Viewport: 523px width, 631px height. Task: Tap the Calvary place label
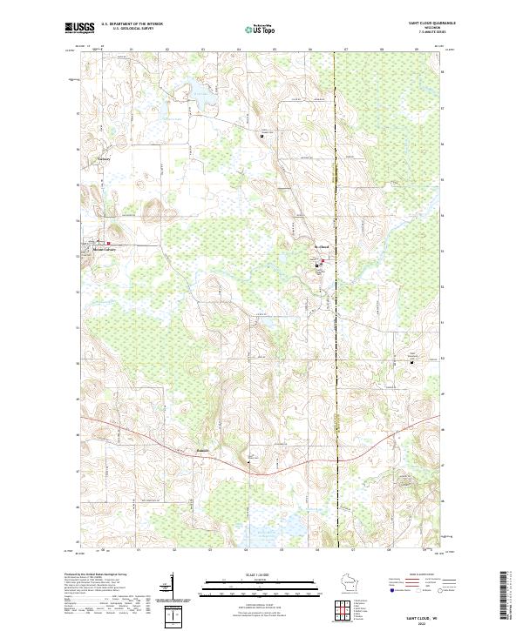104,160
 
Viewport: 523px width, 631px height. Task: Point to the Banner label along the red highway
203,451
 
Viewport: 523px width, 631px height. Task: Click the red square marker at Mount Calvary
108,243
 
